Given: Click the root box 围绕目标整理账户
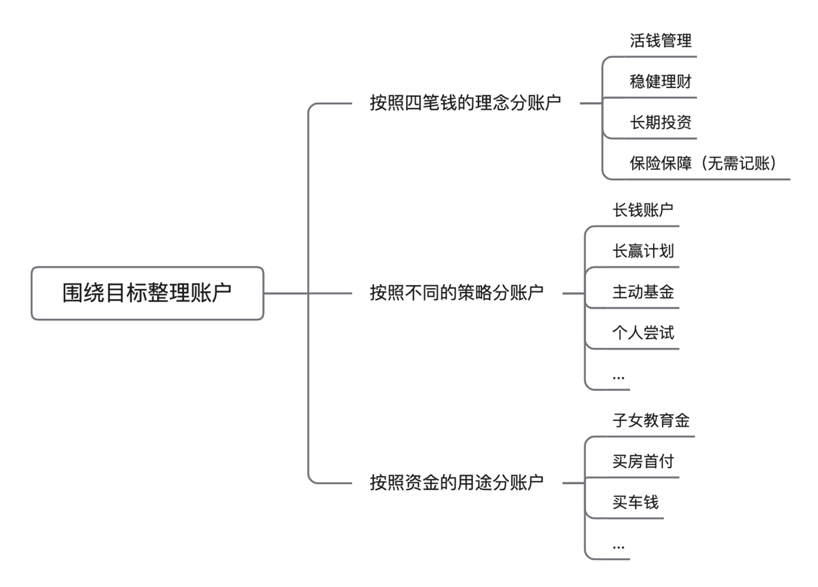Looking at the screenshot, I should pyautogui.click(x=147, y=293).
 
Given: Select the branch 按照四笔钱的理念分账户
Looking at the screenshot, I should pyautogui.click(x=466, y=103).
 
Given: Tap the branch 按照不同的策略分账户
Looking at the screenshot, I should pyautogui.click(x=456, y=293).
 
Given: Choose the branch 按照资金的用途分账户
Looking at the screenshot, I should pyautogui.click(x=456, y=482).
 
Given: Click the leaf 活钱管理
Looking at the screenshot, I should pyautogui.click(x=660, y=42).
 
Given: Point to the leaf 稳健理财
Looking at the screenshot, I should pyautogui.click(x=660, y=82).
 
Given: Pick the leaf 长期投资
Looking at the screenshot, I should pyautogui.click(x=660, y=123).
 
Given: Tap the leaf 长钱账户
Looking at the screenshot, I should pyautogui.click(x=643, y=210).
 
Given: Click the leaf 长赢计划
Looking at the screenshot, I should pyautogui.click(x=643, y=251).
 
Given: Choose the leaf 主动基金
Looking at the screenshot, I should pyautogui.click(x=643, y=292).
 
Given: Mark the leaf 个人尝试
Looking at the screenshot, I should pyautogui.click(x=643, y=333).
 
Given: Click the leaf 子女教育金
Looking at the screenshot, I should pyautogui.click(x=651, y=421).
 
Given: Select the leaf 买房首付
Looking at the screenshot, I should pyautogui.click(x=643, y=462).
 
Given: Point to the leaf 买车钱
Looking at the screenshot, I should pyautogui.click(x=635, y=503).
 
